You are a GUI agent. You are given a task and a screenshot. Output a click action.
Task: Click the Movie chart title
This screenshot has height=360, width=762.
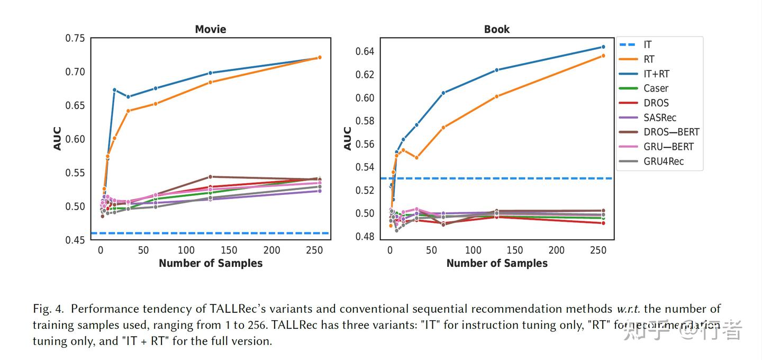[210, 29]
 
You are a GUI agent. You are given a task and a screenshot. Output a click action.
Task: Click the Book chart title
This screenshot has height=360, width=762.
[496, 29]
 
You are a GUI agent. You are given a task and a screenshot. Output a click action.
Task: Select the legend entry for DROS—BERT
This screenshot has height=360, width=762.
[671, 132]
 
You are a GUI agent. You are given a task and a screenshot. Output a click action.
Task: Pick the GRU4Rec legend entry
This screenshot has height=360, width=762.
[663, 161]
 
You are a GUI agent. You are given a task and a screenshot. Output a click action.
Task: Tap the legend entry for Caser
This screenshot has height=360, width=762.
[656, 88]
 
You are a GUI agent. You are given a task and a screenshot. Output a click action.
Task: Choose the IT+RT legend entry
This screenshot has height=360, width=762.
[656, 74]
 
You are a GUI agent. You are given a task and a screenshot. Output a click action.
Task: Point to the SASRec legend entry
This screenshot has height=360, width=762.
[659, 118]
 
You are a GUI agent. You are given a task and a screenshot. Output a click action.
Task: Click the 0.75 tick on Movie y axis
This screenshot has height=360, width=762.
[75, 38]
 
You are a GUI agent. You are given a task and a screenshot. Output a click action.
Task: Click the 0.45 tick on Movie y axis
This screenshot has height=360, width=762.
[75, 240]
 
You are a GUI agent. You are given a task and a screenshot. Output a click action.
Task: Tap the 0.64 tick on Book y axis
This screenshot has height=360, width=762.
[364, 51]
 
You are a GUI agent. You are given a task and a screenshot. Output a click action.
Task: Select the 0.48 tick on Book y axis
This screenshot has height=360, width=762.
[364, 237]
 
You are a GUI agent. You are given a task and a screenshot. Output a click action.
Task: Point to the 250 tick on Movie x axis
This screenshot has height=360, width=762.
[315, 250]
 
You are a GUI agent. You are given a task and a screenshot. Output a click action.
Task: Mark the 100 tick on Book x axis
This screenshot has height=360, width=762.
[473, 250]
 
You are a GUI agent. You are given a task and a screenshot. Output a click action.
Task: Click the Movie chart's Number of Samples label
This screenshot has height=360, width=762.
[210, 263]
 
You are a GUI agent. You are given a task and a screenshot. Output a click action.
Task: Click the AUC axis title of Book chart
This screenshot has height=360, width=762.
[348, 138]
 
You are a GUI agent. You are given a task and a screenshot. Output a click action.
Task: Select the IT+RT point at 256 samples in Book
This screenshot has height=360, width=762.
[603, 47]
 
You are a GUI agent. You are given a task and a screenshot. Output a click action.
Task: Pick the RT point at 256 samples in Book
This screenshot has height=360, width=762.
[603, 56]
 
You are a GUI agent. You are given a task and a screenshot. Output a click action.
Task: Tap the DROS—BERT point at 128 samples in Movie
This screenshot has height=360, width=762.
[210, 177]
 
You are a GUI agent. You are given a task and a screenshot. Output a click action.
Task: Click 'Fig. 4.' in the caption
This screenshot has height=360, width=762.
[49, 309]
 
